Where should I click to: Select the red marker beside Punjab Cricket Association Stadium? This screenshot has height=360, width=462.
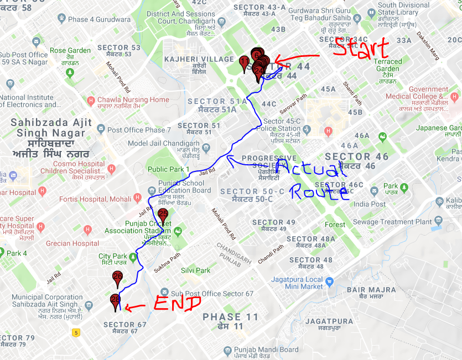(x=163, y=217)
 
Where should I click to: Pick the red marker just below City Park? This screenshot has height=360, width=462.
(x=117, y=279)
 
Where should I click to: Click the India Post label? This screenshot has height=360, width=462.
(x=370, y=204)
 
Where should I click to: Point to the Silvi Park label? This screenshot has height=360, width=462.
(x=195, y=270)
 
